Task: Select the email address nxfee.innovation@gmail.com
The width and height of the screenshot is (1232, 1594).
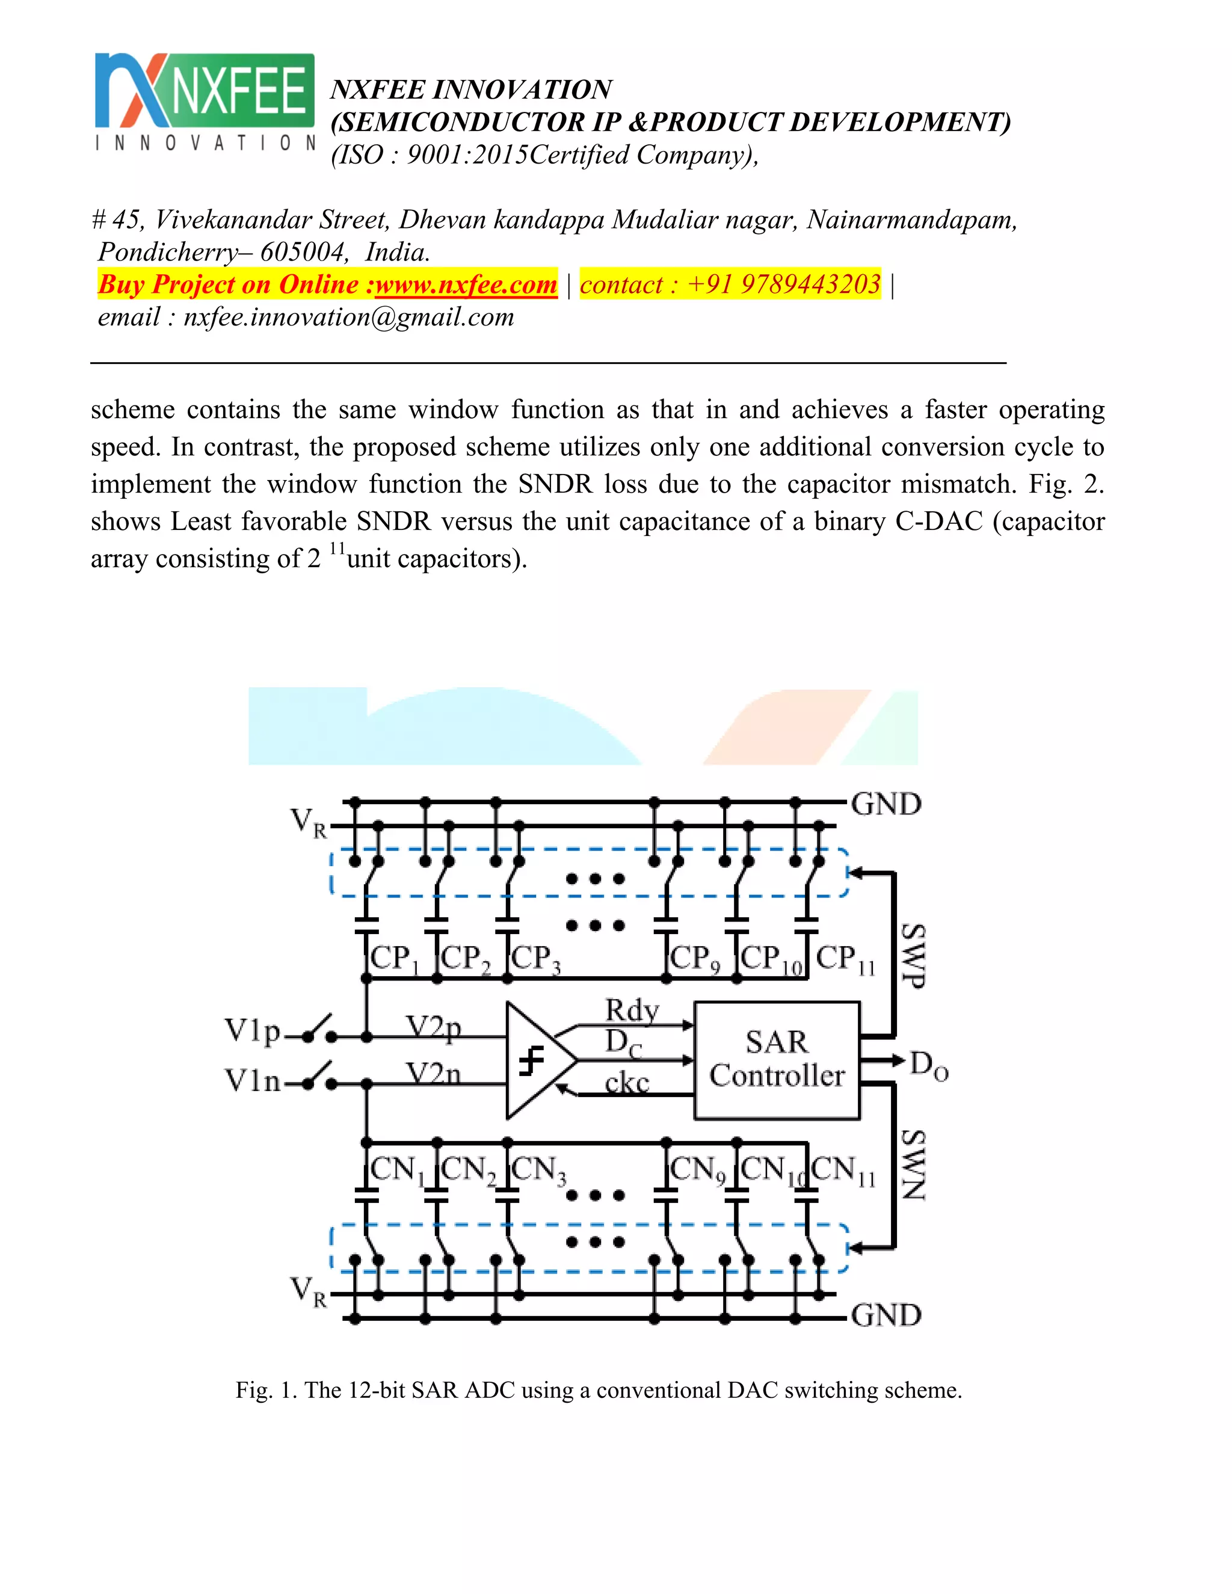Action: point(349,317)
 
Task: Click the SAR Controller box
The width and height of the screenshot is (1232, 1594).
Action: point(777,1060)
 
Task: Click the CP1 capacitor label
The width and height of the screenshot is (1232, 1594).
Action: point(394,958)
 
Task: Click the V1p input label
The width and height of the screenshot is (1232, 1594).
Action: point(252,1031)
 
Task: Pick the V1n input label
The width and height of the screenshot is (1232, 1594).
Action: point(252,1080)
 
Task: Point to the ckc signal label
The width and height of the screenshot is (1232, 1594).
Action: point(627,1082)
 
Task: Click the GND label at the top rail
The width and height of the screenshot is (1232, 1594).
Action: point(886,804)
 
